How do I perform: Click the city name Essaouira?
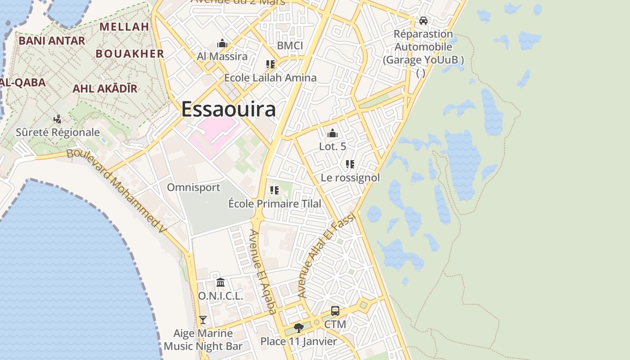[229, 109]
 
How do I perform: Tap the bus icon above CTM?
[335, 311]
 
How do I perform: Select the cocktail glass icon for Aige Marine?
[203, 320]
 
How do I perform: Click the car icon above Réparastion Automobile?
[423, 21]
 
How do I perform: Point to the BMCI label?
[290, 45]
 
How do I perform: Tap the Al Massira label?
[222, 56]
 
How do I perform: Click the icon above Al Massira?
[222, 44]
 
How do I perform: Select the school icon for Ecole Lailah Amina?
[270, 64]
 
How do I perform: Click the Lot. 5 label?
[333, 146]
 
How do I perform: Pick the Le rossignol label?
[350, 178]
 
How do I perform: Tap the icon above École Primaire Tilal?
[274, 190]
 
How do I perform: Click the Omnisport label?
[193, 187]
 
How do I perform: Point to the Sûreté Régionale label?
[58, 132]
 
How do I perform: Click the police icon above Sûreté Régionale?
[58, 119]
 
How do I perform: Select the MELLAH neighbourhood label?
[124, 27]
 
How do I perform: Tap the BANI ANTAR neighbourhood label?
[52, 40]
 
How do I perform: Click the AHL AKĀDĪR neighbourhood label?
[105, 88]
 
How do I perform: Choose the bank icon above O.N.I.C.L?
[220, 283]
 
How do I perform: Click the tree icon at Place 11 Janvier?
[298, 328]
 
